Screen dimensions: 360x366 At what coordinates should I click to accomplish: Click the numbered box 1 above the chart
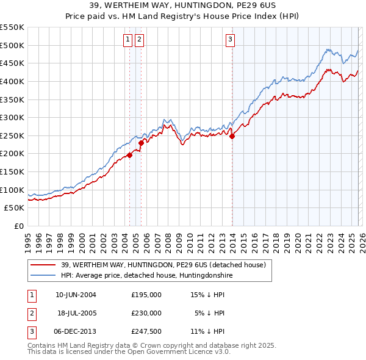pyautogui.click(x=128, y=40)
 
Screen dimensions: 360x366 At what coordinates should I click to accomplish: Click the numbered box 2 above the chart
pyautogui.click(x=140, y=40)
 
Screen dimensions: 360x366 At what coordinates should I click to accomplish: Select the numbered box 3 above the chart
pyautogui.click(x=231, y=40)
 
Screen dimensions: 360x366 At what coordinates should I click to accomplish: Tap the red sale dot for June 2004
pyautogui.click(x=129, y=155)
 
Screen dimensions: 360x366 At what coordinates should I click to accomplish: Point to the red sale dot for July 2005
pyautogui.click(x=141, y=143)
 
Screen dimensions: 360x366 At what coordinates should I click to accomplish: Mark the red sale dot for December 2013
pyautogui.click(x=232, y=137)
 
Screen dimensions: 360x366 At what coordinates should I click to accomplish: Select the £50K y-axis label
pyautogui.click(x=14, y=207)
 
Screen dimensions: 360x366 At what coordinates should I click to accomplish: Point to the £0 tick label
pyautogui.click(x=18, y=226)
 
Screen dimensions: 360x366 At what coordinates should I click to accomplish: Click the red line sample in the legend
pyautogui.click(x=43, y=265)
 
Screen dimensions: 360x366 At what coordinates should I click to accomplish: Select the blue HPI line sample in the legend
pyautogui.click(x=43, y=276)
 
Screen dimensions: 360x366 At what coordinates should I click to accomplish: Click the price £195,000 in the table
pyautogui.click(x=146, y=295)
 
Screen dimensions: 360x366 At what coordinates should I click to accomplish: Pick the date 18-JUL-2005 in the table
pyautogui.click(x=77, y=313)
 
